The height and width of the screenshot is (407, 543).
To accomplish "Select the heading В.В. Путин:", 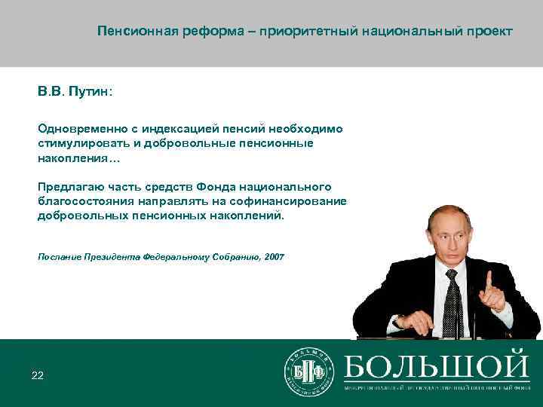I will [75, 91].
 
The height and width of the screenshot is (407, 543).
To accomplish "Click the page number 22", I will [38, 375].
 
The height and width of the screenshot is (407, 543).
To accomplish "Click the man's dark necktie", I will [452, 301].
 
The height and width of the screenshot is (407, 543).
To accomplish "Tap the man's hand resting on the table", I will [413, 323].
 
